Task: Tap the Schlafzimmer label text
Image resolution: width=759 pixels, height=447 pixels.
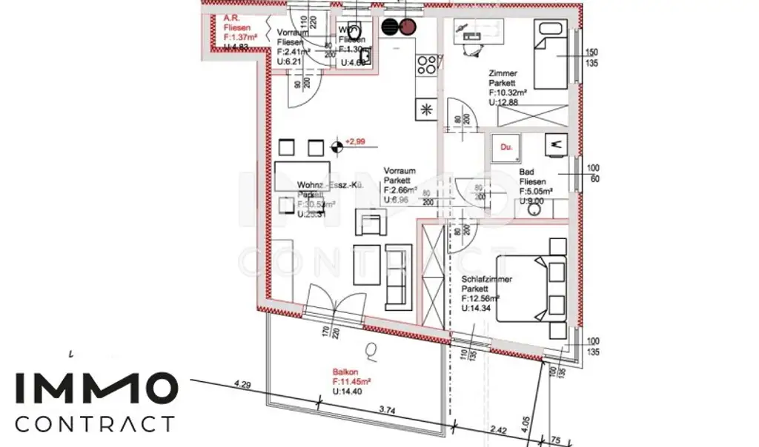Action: pyautogui.click(x=486, y=280)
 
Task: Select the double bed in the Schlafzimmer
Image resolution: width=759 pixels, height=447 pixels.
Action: pyautogui.click(x=531, y=289)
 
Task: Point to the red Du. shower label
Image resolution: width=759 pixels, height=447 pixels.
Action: pyautogui.click(x=507, y=148)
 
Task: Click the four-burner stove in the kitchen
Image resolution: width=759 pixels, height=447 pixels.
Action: pyautogui.click(x=427, y=66)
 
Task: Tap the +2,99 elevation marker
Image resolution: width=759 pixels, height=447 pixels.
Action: pyautogui.click(x=357, y=141)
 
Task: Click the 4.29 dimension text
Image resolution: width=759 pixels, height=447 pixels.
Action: pyautogui.click(x=242, y=385)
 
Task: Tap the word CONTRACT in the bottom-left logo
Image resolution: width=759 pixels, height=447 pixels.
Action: pyautogui.click(x=95, y=424)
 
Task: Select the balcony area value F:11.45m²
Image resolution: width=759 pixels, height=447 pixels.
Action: pyautogui.click(x=351, y=381)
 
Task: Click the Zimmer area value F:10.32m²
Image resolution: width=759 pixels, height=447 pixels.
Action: pyautogui.click(x=508, y=93)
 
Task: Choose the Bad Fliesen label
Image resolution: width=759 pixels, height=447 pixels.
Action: pyautogui.click(x=533, y=177)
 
